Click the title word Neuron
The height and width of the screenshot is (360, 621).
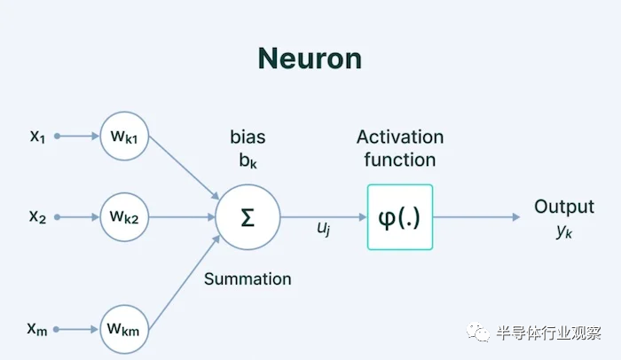click(x=310, y=58)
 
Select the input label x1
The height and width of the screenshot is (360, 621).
click(x=37, y=136)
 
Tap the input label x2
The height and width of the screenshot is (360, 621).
click(x=37, y=215)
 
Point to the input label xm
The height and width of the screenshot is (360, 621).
click(x=37, y=329)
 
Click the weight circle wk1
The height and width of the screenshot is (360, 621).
click(x=125, y=137)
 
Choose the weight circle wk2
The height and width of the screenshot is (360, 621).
click(x=125, y=215)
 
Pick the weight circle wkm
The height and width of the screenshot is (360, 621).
click(x=125, y=329)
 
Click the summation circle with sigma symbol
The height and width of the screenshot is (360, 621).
click(x=248, y=217)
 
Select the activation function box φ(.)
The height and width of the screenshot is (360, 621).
click(x=399, y=217)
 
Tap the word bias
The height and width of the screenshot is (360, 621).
click(x=248, y=137)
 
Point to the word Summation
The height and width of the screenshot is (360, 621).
click(x=248, y=278)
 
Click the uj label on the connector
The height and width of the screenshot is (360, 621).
click(x=325, y=229)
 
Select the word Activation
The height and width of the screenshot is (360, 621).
click(x=399, y=137)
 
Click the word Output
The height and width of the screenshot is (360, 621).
click(x=563, y=207)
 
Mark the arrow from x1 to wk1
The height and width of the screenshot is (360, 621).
click(x=78, y=137)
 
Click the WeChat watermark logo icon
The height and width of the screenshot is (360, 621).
click(x=479, y=333)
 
